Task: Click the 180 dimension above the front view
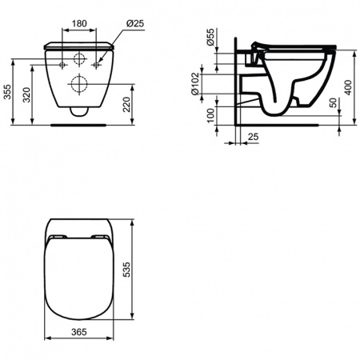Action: (x=77, y=25)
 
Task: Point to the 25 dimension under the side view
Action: (x=254, y=138)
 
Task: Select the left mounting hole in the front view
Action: (x=60, y=62)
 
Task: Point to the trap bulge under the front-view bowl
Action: (x=78, y=112)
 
